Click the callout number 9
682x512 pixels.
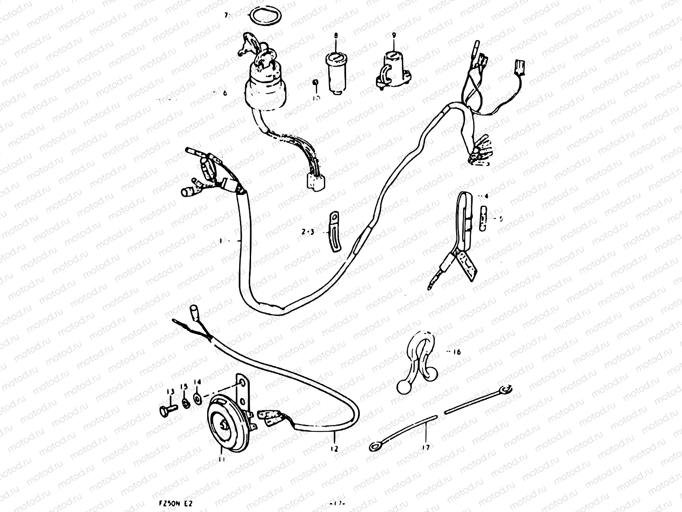393,36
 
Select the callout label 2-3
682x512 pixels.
307,233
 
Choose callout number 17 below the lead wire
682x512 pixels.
426,447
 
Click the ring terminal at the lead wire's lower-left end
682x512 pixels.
375,447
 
